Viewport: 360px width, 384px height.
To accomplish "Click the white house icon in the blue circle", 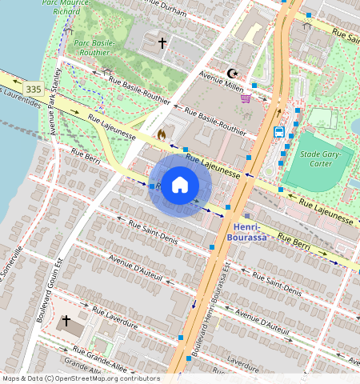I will coord(180,185).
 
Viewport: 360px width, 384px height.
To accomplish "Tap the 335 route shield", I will coord(34,89).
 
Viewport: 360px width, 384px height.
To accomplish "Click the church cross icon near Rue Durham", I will coord(162,43).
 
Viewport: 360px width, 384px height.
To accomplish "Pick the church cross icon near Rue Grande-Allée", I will coord(66,322).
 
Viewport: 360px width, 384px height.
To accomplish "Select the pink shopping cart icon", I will coord(246,98).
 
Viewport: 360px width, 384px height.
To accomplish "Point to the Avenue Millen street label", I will coord(222,80).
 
